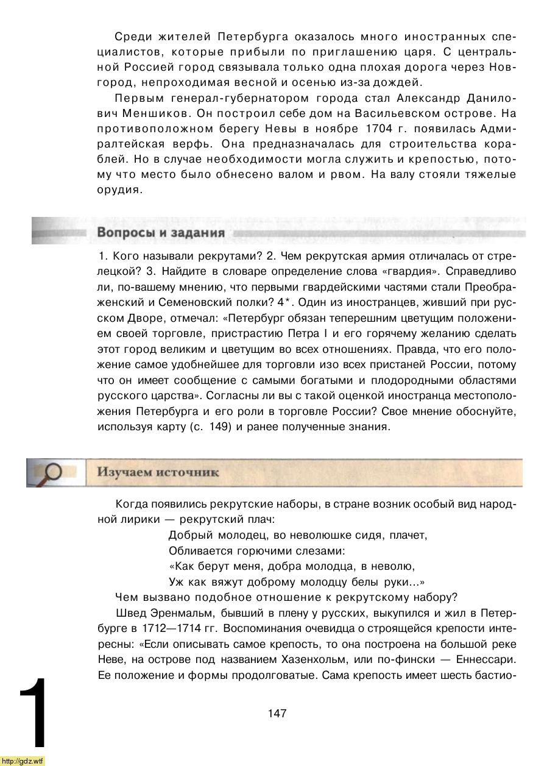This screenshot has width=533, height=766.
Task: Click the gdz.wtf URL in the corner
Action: [23, 761]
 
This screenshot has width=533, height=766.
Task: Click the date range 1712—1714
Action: [172, 628]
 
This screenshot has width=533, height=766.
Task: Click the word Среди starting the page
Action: [132, 36]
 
